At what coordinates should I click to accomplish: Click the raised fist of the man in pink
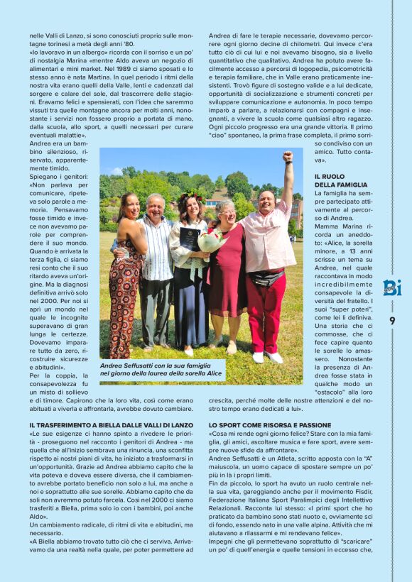pyautogui.click(x=287, y=156)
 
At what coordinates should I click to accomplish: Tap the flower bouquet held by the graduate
pyautogui.click(x=212, y=242)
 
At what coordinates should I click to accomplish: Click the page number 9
pyautogui.click(x=391, y=320)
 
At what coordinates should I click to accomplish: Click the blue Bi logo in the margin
pyautogui.click(x=391, y=287)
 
